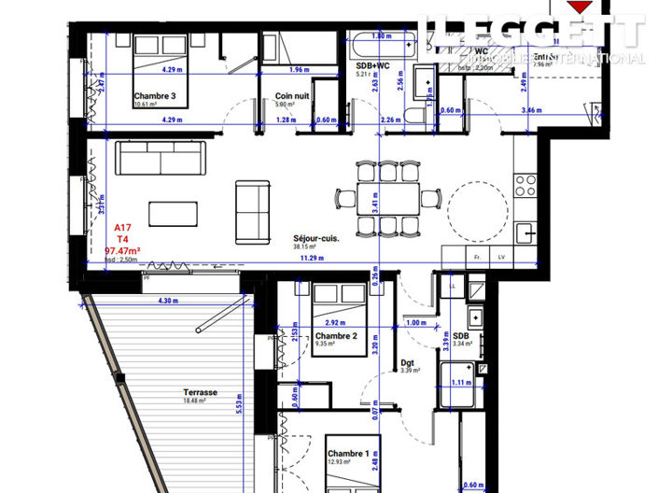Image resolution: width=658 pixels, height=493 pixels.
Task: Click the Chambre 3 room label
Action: coord(155,96)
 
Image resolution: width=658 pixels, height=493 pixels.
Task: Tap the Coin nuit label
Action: coord(290,96)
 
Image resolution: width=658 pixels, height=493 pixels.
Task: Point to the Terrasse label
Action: coord(201,393)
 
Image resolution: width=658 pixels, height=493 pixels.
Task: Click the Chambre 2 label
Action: coord(336,336)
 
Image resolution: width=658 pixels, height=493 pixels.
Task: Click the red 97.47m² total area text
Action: coord(122,251)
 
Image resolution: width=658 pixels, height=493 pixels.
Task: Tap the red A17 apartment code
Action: coord(122,228)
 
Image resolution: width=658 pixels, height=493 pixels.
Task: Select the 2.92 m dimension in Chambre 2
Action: coord(323,320)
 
